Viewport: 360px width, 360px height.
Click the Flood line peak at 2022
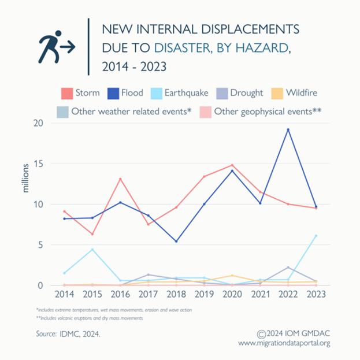click(288, 129)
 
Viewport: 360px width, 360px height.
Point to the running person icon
click(56, 47)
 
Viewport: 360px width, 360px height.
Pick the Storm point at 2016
click(120, 179)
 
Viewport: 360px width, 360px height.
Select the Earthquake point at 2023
click(316, 236)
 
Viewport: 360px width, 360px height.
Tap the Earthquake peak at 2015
click(92, 250)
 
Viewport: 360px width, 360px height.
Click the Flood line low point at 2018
click(176, 242)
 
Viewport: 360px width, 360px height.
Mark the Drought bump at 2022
click(288, 268)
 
